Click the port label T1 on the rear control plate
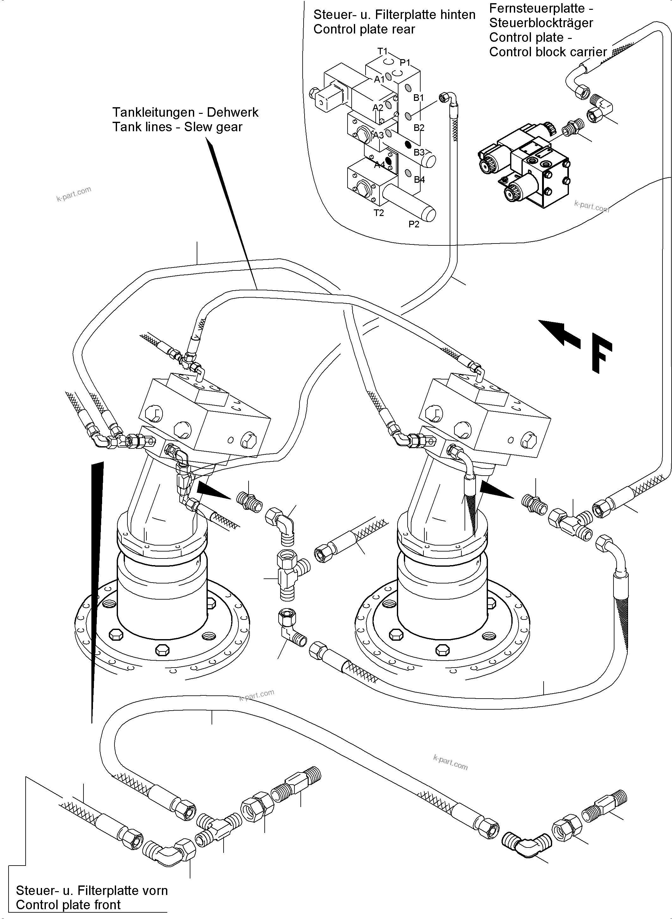pyautogui.click(x=382, y=51)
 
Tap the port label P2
pyautogui.click(x=414, y=224)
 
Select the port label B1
pyautogui.click(x=419, y=98)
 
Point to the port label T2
pyautogui.click(x=379, y=213)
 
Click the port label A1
pyautogui.click(x=379, y=79)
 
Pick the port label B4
pyautogui.click(x=419, y=179)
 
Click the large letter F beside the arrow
pyautogui.click(x=601, y=352)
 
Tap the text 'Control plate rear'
pyautogui.click(x=364, y=29)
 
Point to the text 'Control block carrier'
pyautogui.click(x=548, y=52)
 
